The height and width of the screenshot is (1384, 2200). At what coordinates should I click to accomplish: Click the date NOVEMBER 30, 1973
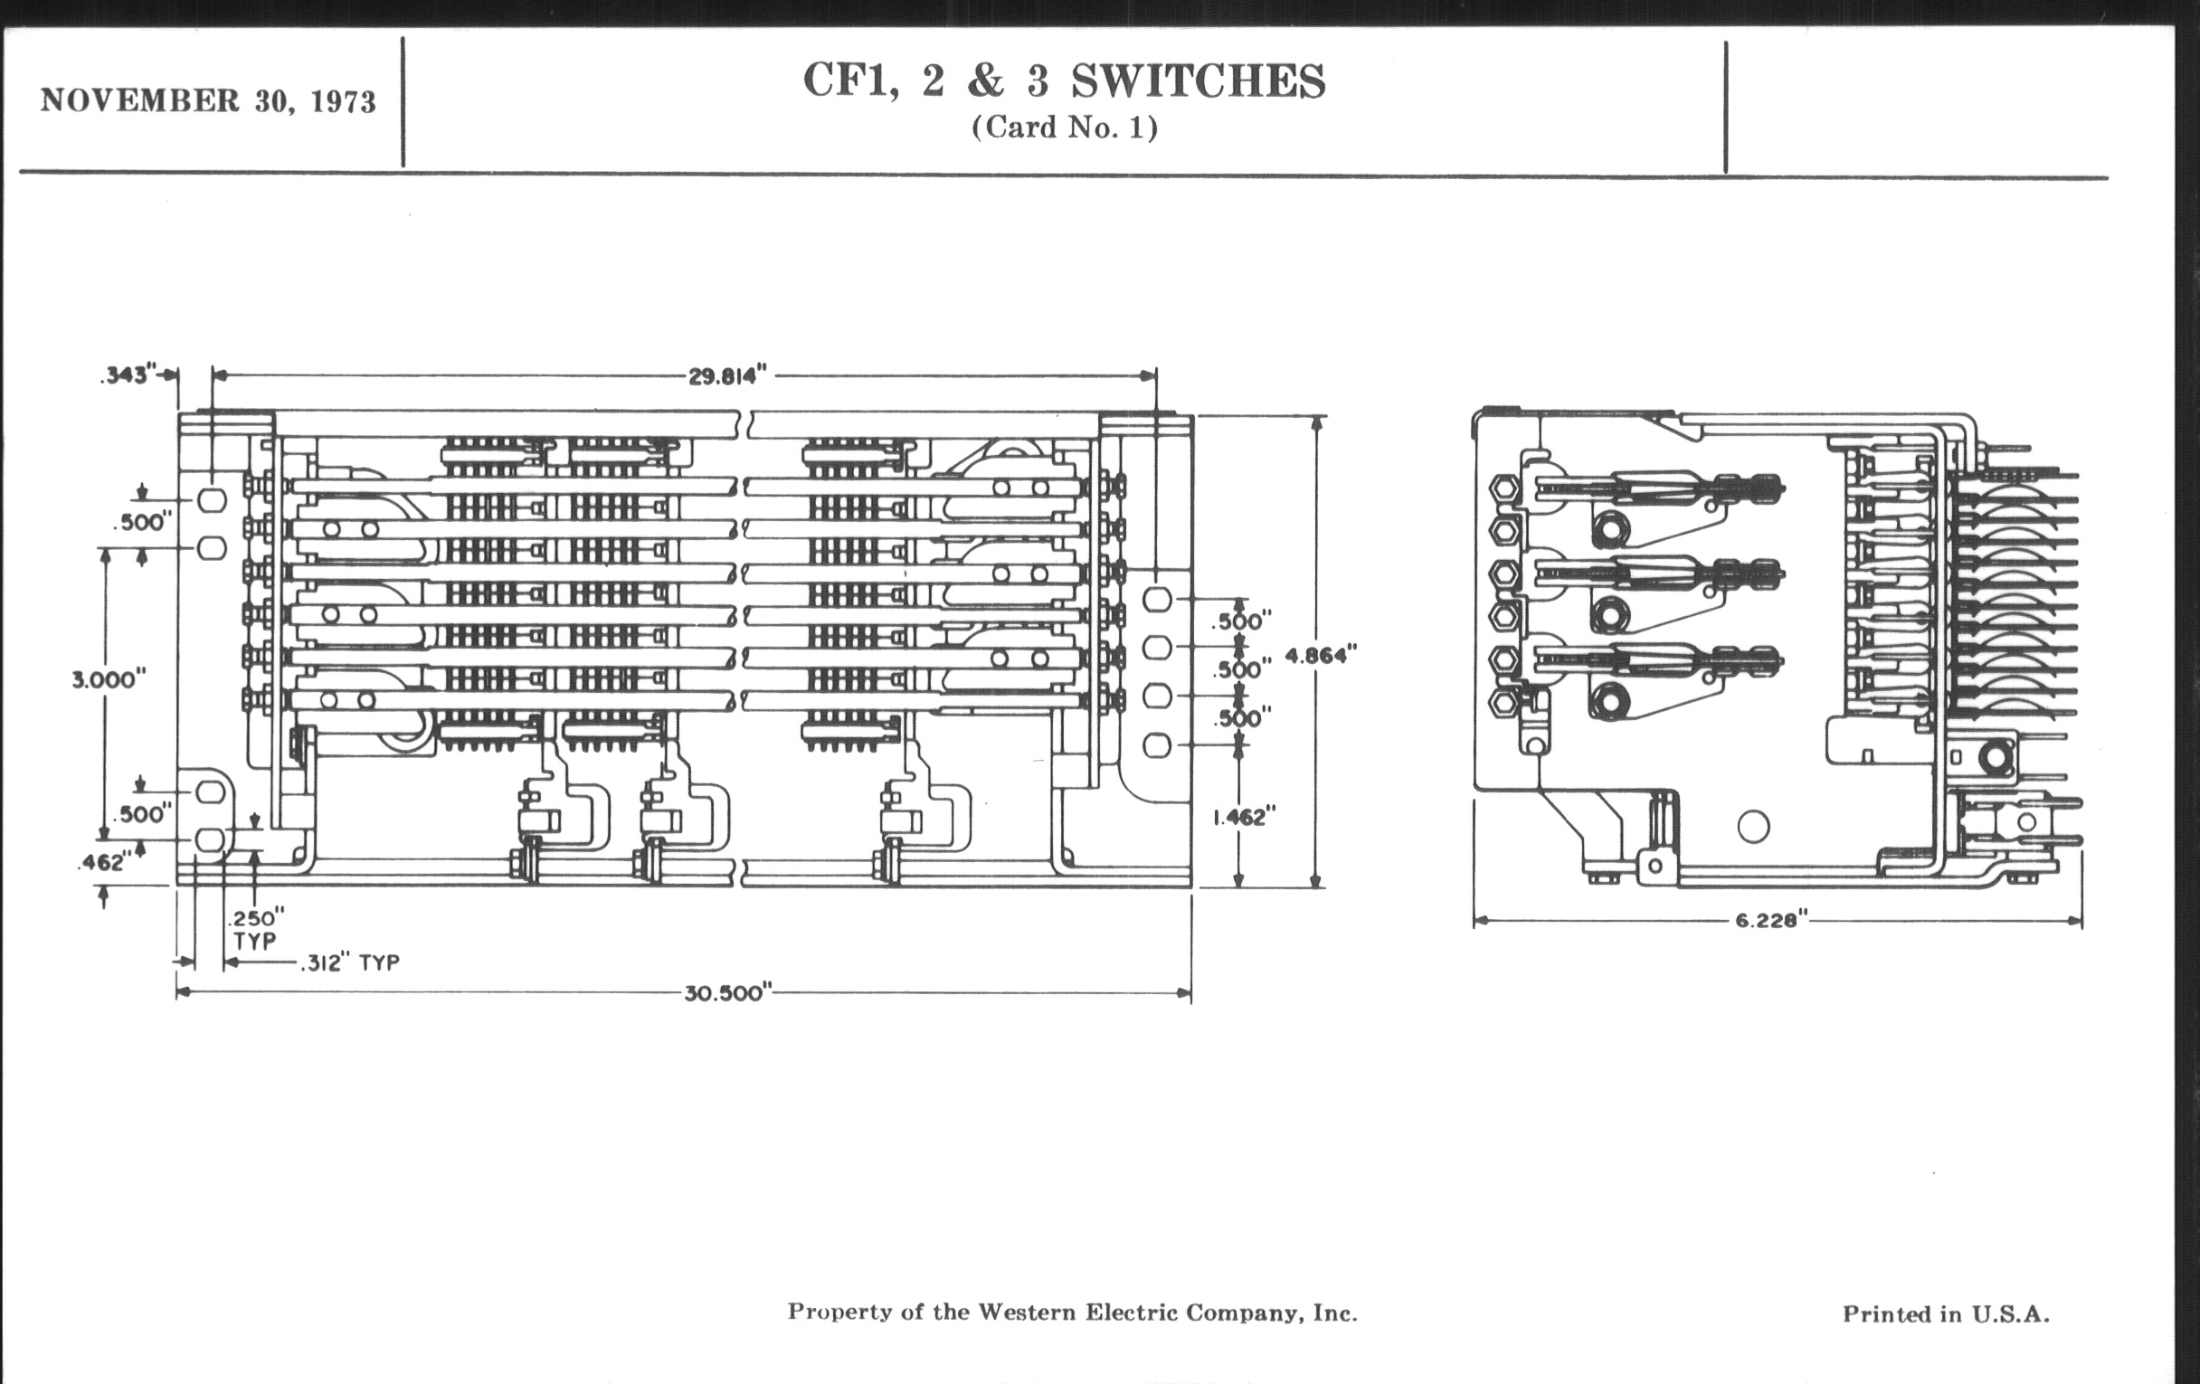(x=207, y=100)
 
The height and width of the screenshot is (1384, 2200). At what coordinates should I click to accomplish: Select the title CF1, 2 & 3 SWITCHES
(x=1064, y=81)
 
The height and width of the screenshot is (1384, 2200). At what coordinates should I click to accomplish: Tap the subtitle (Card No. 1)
(x=1065, y=127)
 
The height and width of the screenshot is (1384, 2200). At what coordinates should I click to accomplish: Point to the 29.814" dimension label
(x=727, y=375)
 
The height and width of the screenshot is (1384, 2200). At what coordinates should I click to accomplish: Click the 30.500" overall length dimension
(x=728, y=993)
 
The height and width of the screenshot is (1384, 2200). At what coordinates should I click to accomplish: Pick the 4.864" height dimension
(x=1321, y=654)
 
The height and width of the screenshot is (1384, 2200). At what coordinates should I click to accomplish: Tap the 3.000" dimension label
(x=109, y=678)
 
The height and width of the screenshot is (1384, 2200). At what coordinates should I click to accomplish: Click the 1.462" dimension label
(x=1244, y=817)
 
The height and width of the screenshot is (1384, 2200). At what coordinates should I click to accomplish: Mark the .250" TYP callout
(x=256, y=929)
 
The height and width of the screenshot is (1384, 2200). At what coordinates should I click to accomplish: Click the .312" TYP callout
(x=350, y=962)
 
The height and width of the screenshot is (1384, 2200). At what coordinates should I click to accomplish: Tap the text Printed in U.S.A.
(x=1945, y=1313)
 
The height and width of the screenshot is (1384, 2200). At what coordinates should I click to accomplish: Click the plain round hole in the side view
(x=1753, y=827)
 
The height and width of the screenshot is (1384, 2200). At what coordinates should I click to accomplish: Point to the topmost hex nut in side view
(x=1503, y=488)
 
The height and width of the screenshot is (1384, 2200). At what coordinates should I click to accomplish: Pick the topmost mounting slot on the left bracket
(x=212, y=499)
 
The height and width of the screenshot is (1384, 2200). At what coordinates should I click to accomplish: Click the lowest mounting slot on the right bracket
(x=1157, y=745)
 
